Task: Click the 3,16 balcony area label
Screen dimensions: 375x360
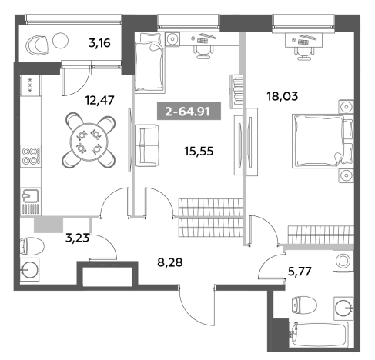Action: pyautogui.click(x=99, y=43)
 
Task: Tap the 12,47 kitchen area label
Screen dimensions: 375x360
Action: pyautogui.click(x=99, y=100)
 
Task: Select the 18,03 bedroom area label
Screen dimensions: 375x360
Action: pyautogui.click(x=283, y=96)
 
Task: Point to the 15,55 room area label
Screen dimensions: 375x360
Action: pyautogui.click(x=199, y=152)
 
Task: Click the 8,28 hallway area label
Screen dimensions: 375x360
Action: pyautogui.click(x=170, y=262)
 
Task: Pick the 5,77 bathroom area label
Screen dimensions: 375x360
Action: pyautogui.click(x=300, y=272)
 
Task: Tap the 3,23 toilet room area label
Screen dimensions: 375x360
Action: pyautogui.click(x=77, y=238)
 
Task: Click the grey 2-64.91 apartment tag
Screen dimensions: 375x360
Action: pyautogui.click(x=189, y=111)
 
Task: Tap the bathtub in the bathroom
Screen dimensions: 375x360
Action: pyautogui.click(x=319, y=335)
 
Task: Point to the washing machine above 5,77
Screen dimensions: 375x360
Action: pyautogui.click(x=343, y=262)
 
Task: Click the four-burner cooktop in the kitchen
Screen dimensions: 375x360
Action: pyautogui.click(x=31, y=156)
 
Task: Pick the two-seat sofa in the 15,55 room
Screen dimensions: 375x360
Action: pyautogui.click(x=146, y=145)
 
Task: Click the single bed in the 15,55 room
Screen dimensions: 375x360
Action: pyautogui.click(x=149, y=63)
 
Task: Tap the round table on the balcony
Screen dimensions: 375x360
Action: pyautogui.click(x=61, y=40)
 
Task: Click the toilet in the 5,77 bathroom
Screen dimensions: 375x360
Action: pyautogui.click(x=303, y=305)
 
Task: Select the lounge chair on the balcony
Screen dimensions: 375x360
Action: pyautogui.click(x=38, y=45)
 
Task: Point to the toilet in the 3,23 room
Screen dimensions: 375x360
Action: pyautogui.click(x=32, y=246)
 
